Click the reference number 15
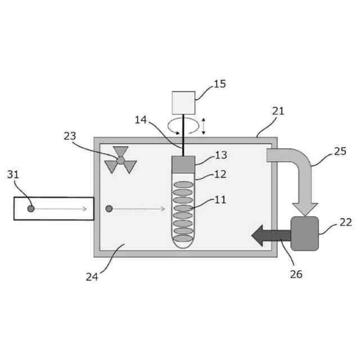(220, 84)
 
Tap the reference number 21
(278, 111)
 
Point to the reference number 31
(13, 174)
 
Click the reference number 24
(92, 276)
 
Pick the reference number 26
(296, 274)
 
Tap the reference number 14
(141, 119)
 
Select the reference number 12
(220, 174)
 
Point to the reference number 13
(221, 155)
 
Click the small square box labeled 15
(183, 102)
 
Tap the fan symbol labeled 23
(120, 160)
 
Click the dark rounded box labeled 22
(304, 233)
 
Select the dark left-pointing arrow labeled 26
(269, 235)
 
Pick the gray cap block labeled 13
(183, 164)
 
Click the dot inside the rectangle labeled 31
(31, 209)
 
